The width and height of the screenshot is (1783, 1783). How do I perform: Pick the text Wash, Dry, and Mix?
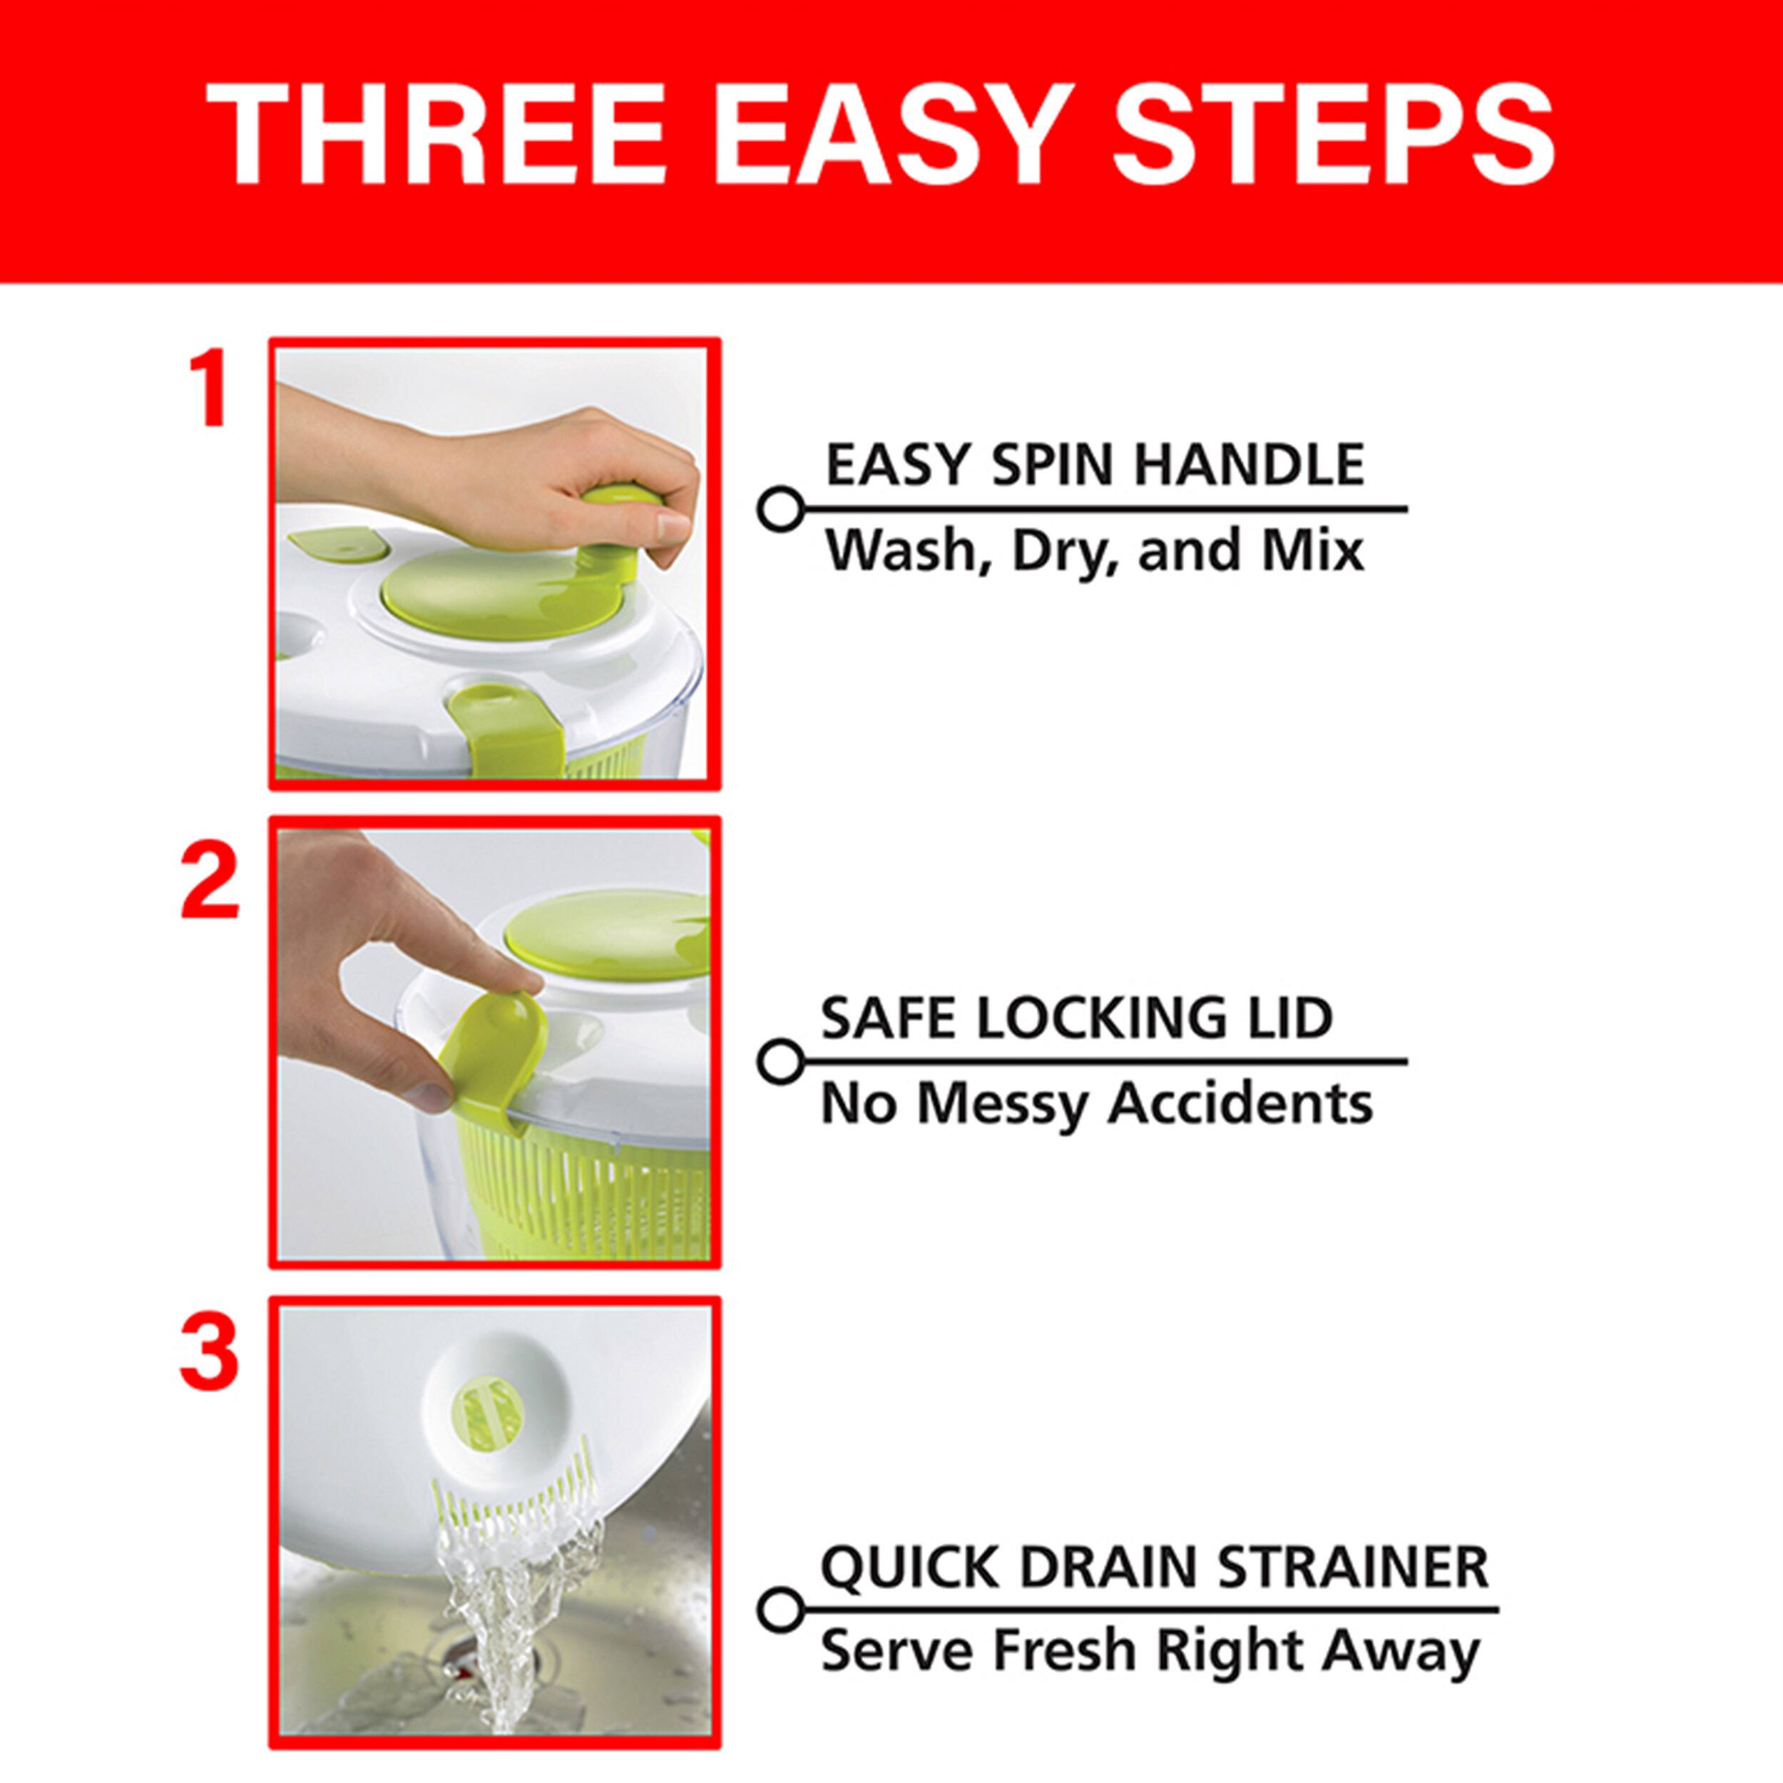click(1093, 551)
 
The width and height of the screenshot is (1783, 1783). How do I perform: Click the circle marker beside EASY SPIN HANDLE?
click(780, 509)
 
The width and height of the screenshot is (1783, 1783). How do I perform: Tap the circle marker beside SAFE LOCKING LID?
click(780, 1061)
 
